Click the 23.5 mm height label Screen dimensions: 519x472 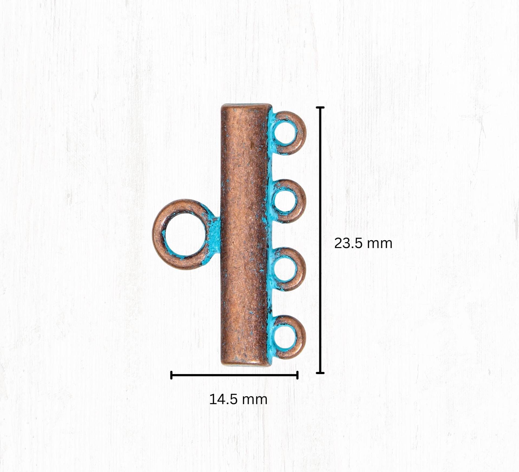point(363,243)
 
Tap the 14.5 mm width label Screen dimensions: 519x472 point(238,399)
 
